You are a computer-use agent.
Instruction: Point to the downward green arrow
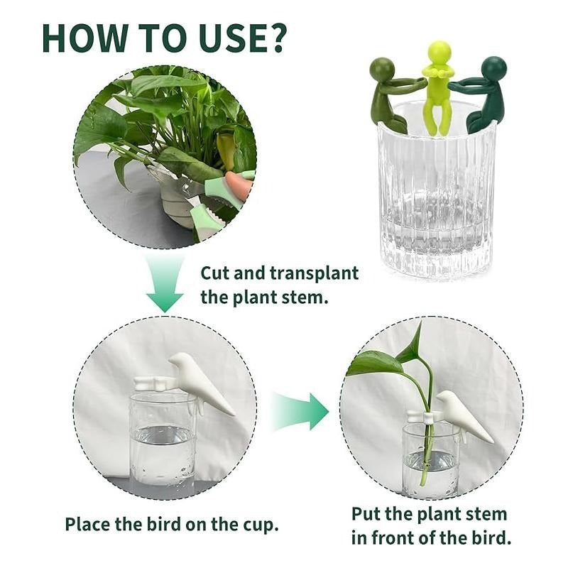point(165,284)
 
